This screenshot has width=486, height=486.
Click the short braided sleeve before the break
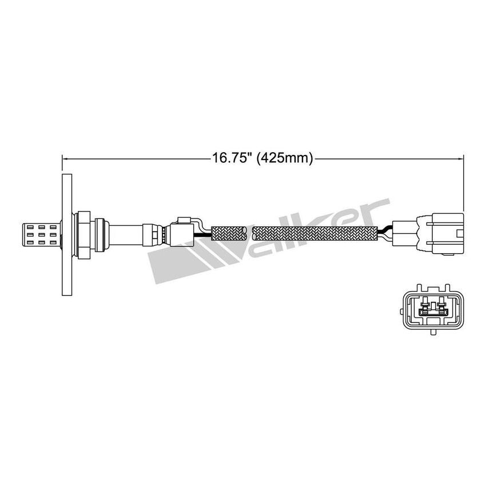pyautogui.click(x=229, y=233)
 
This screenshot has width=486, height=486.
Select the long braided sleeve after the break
pyautogui.click(x=315, y=233)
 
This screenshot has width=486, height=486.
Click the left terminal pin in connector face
pyautogui.click(x=425, y=310)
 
